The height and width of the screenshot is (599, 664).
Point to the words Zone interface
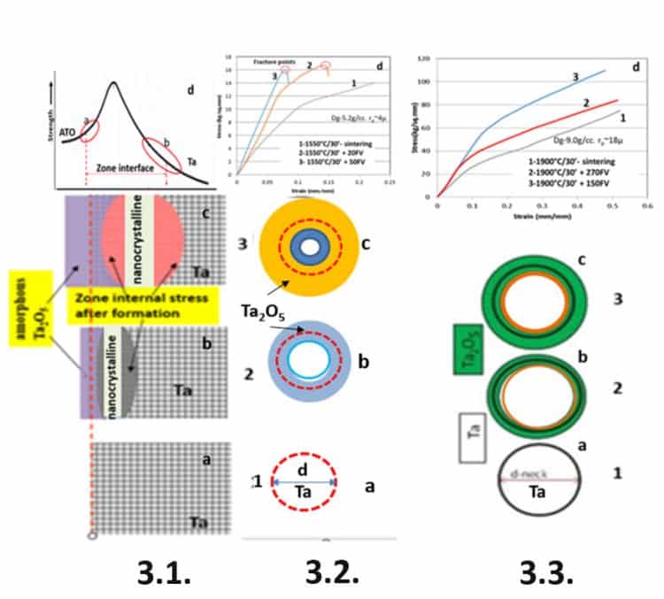coord(124,165)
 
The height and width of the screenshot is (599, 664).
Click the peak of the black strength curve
coord(113,83)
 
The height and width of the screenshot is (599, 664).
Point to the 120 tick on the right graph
coord(425,59)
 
